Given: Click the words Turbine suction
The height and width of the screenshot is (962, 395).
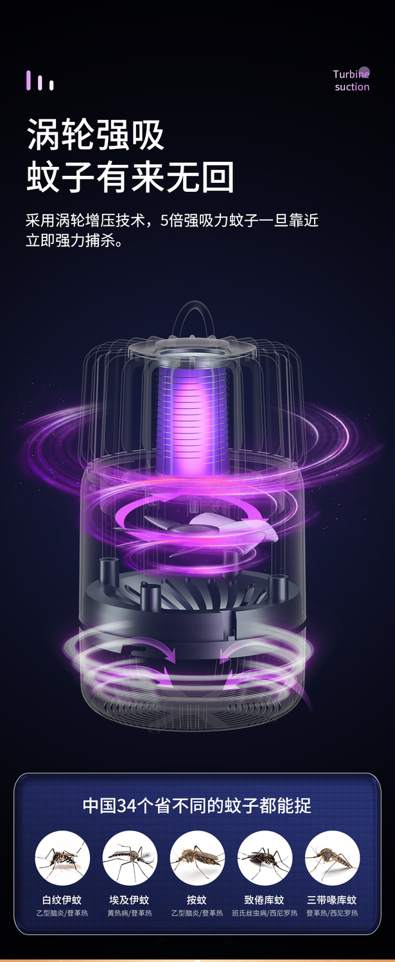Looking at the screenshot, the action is tap(351, 80).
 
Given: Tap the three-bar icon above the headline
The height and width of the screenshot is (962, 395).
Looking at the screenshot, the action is tap(40, 80).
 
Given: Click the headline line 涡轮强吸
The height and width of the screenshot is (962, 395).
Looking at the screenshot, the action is tap(96, 134).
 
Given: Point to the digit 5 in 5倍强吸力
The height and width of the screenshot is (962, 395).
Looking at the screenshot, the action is tap(164, 220).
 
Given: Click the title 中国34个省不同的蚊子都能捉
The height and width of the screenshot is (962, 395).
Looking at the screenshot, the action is tap(197, 805).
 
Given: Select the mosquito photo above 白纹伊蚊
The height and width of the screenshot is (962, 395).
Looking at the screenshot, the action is tap(62, 859).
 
